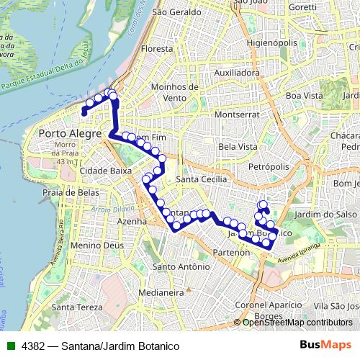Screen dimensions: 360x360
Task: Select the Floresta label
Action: click(x=158, y=49)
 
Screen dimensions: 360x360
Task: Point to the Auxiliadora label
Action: click(x=237, y=73)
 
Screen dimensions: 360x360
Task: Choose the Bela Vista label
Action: click(x=237, y=146)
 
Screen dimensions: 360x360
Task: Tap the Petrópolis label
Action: click(x=267, y=166)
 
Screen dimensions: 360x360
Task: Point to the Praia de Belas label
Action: click(x=70, y=193)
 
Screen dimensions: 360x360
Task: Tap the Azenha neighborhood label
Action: click(x=131, y=221)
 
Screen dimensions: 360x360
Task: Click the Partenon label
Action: click(x=232, y=252)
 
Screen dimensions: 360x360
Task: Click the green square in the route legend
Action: click(x=9, y=346)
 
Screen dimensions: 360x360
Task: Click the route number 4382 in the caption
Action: click(x=34, y=346)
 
